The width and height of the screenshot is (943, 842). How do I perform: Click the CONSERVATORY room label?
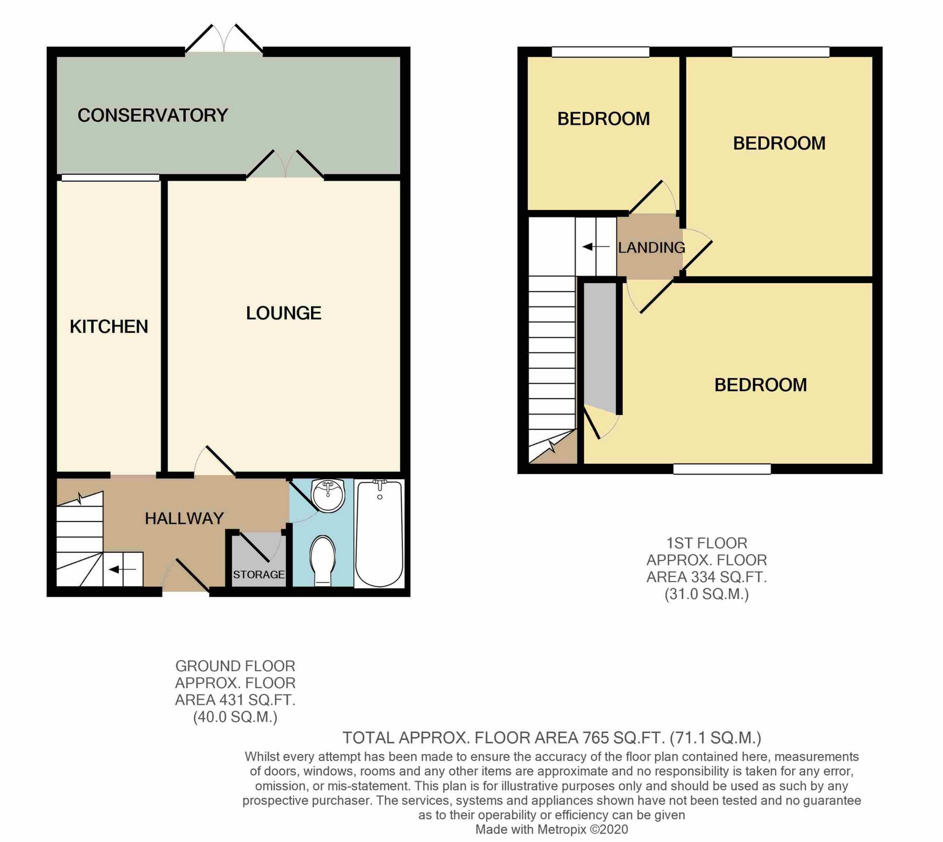click(x=152, y=115)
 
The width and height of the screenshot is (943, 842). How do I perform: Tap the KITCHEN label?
click(x=109, y=326)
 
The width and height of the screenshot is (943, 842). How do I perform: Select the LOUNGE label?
click(x=283, y=313)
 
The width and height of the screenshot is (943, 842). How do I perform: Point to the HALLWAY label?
click(x=184, y=518)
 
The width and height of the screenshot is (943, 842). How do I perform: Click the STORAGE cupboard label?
click(x=258, y=574)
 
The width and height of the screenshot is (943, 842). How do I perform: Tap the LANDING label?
click(x=651, y=247)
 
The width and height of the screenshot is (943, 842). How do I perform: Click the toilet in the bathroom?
click(x=323, y=559)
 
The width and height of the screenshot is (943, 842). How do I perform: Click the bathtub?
click(x=379, y=533)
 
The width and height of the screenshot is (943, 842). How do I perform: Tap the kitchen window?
click(x=110, y=177)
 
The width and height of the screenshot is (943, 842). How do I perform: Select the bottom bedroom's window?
click(x=721, y=469)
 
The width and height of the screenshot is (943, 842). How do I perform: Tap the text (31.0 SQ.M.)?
click(x=706, y=594)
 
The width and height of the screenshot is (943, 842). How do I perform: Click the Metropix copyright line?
click(x=551, y=829)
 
